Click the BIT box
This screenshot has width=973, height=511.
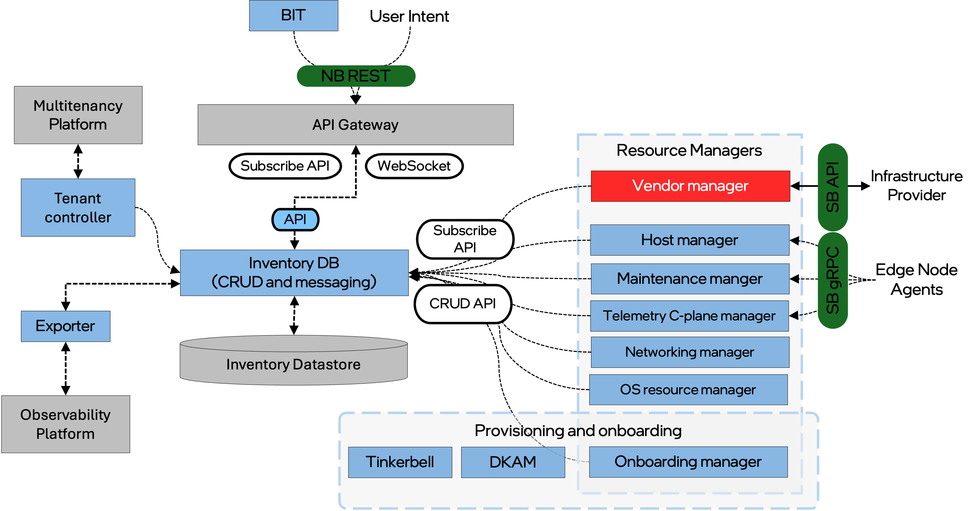(293, 16)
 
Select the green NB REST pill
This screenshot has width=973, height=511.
(356, 76)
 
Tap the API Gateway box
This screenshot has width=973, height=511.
(355, 125)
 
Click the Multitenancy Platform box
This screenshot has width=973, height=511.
(78, 115)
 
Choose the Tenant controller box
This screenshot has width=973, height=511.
(78, 208)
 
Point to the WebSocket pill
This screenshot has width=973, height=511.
(414, 166)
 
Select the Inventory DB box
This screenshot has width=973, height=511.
(294, 272)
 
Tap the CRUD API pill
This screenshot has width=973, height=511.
(463, 303)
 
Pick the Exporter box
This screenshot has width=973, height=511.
(65, 326)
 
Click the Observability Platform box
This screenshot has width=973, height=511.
(65, 424)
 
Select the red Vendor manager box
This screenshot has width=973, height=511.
(690, 186)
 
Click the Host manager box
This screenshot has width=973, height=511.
(689, 240)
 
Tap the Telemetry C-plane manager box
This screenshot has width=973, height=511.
(689, 316)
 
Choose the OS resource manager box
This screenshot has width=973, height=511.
(688, 389)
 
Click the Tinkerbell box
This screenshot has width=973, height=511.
(399, 462)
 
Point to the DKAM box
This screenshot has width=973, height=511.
(512, 462)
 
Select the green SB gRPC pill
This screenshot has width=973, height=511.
(832, 280)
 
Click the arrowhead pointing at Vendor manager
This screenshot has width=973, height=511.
(796, 186)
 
